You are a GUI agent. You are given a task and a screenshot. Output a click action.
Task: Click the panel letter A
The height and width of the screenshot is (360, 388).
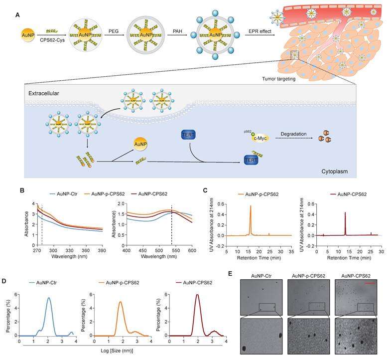coord(18,15)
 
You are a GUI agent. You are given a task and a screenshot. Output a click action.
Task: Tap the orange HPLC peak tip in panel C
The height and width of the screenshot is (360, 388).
coord(251,206)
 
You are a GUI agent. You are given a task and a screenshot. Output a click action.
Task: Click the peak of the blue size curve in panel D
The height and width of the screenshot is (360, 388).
coord(48,298)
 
